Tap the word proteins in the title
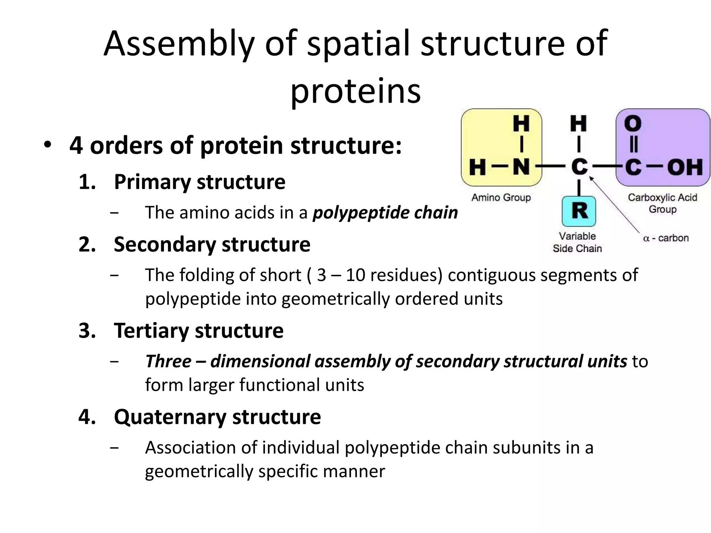(x=355, y=91)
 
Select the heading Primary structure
(x=199, y=182)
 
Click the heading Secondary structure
(x=212, y=244)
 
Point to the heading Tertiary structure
(x=198, y=330)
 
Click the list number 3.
(x=87, y=331)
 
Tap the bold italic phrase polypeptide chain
(x=385, y=212)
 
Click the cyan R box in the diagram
(x=579, y=211)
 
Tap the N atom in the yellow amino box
(x=521, y=167)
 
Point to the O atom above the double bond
(x=633, y=124)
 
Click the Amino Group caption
(x=501, y=197)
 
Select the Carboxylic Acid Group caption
(x=662, y=203)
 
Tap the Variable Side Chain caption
(x=577, y=242)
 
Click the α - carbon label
(x=666, y=238)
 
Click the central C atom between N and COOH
(x=579, y=167)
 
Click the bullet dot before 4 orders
(x=48, y=145)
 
